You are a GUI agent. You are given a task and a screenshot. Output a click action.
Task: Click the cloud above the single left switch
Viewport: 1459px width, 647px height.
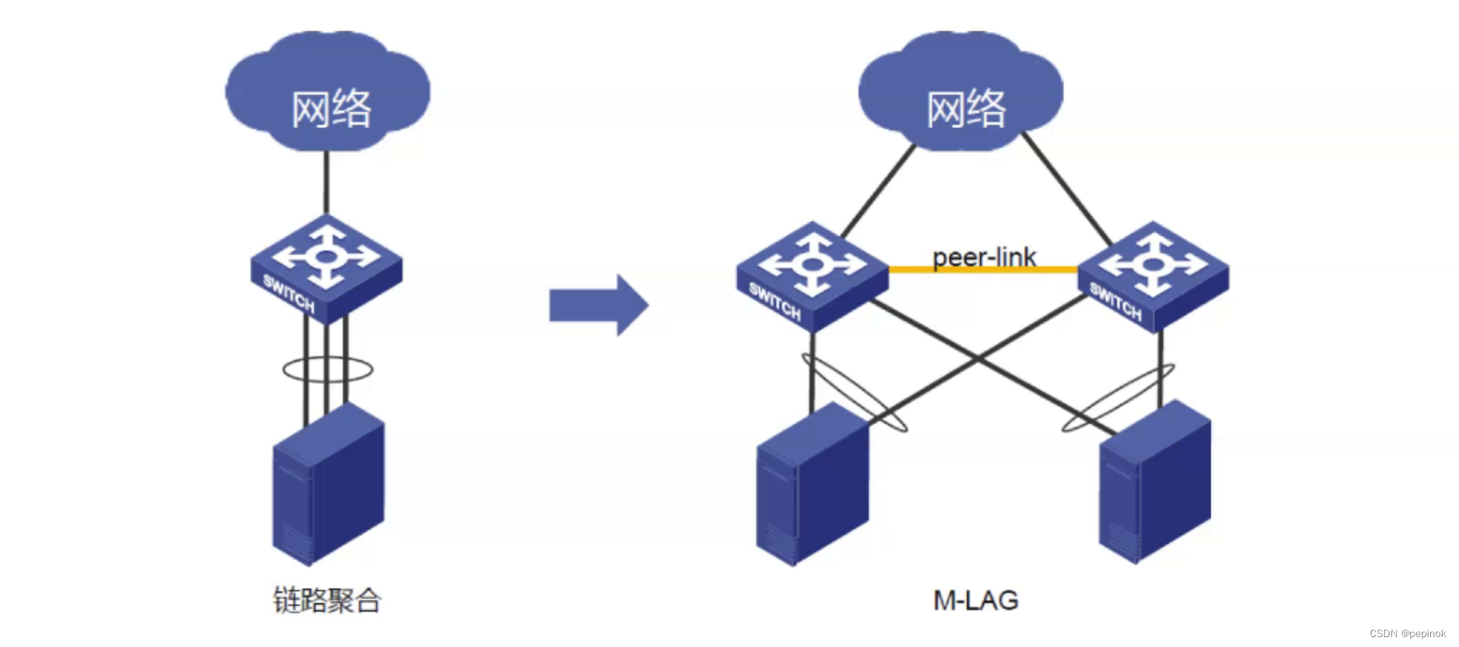click(x=328, y=91)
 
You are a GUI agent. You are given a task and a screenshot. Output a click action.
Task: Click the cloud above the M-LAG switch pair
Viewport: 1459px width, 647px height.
click(x=961, y=91)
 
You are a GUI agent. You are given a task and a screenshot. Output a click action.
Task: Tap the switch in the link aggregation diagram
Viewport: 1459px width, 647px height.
click(x=327, y=268)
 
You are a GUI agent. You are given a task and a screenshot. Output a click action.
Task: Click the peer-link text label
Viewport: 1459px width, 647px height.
click(x=984, y=257)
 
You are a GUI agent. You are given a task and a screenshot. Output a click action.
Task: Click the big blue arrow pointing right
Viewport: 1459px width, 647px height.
click(x=598, y=305)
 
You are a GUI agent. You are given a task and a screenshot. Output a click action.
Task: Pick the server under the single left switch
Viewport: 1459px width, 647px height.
click(x=328, y=487)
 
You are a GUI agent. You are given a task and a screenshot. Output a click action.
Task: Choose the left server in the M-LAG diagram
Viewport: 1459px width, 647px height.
click(x=812, y=487)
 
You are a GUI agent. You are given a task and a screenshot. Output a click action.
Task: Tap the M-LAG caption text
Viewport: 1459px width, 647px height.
click(x=975, y=600)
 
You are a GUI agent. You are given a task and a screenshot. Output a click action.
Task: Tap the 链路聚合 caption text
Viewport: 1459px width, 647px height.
click(x=327, y=600)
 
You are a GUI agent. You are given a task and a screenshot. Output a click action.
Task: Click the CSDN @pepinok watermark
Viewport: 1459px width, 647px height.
click(x=1407, y=634)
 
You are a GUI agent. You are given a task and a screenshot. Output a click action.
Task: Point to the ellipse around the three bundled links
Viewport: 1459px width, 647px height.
click(x=286, y=370)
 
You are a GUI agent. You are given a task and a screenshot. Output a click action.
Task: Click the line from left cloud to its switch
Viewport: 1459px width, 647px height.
click(x=327, y=183)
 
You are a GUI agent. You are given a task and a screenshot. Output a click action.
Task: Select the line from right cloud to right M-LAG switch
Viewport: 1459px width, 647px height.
click(x=1067, y=188)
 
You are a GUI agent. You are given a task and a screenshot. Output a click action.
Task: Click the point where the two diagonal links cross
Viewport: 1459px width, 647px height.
click(x=979, y=358)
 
